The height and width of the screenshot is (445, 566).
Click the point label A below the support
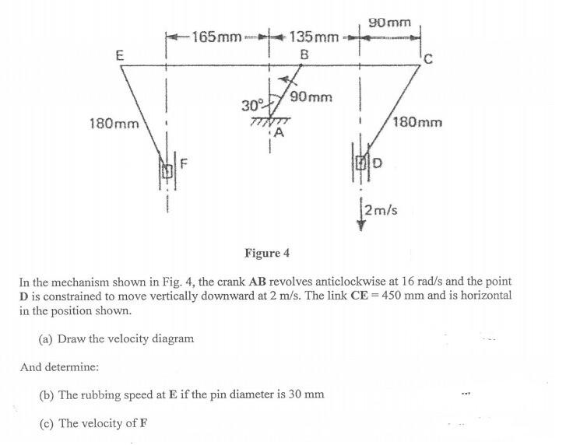pos(279,134)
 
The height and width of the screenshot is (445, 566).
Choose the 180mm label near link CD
pos(418,122)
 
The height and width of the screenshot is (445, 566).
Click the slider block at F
pos(166,169)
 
